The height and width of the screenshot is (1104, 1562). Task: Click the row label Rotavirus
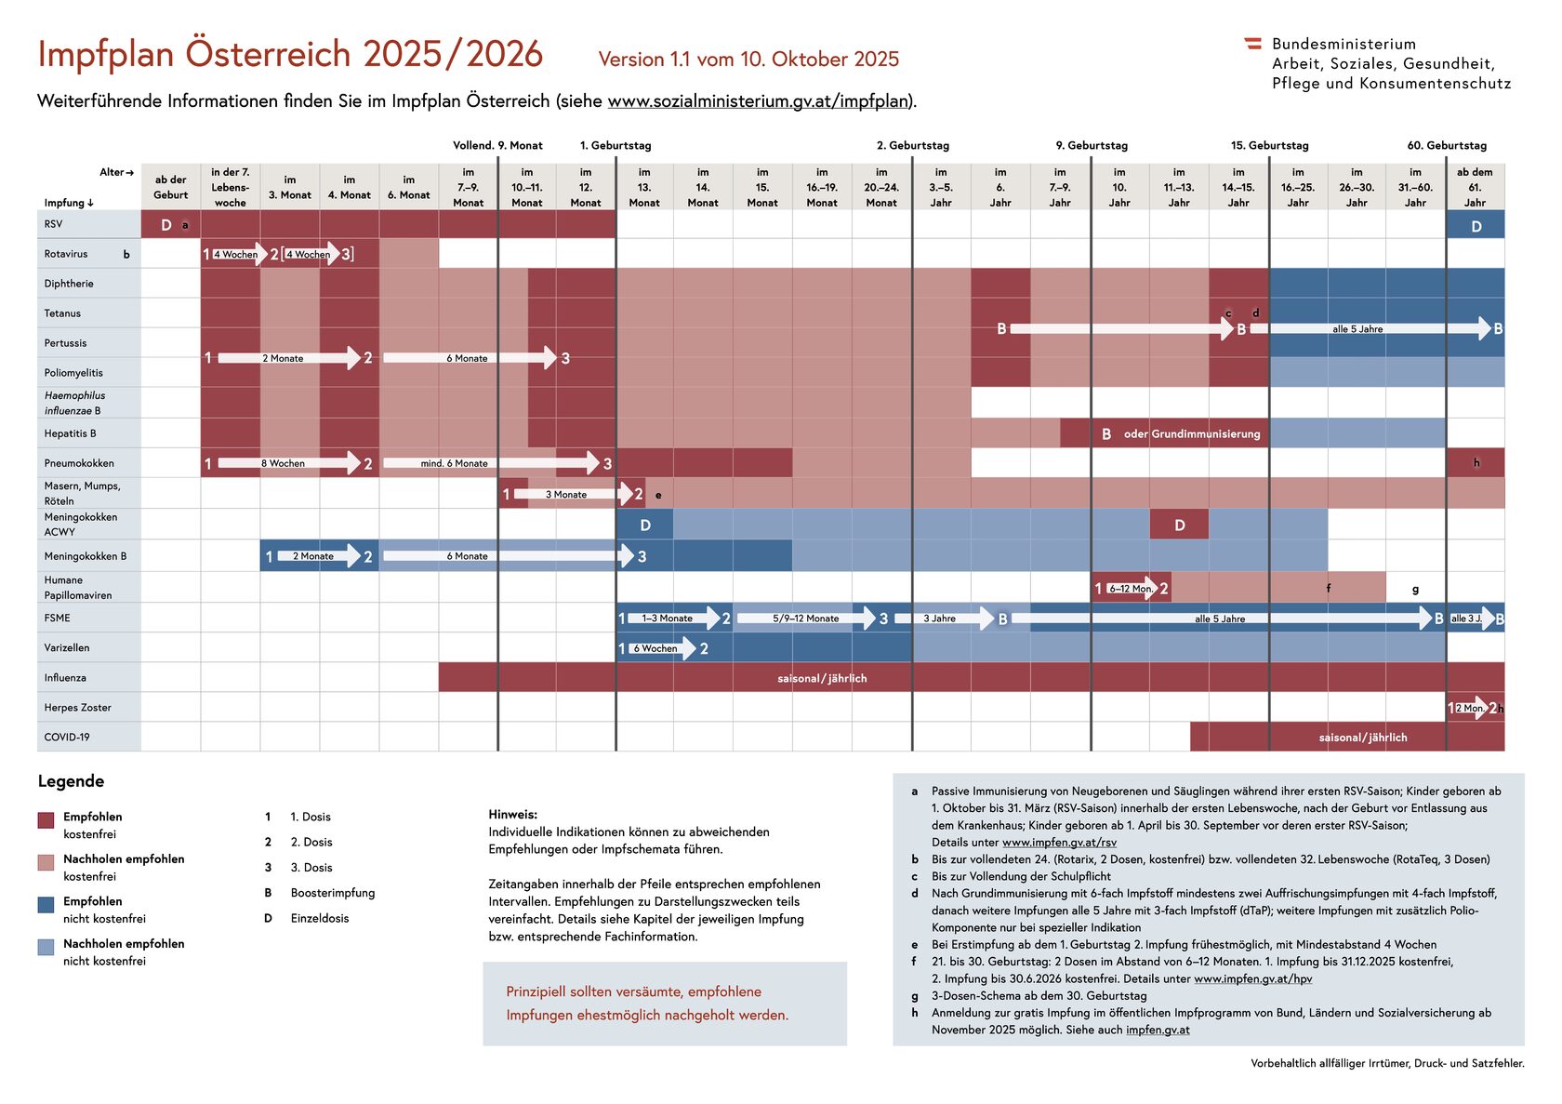point(66,254)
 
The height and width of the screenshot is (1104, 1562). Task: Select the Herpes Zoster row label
point(77,708)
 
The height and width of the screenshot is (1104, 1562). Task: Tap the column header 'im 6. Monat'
point(409,187)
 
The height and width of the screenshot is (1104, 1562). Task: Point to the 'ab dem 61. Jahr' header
point(1475,187)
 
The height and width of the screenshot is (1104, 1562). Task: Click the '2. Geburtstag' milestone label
point(912,145)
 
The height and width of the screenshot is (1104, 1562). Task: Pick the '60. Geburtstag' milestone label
point(1446,145)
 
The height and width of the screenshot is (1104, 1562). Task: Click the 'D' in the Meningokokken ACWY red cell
point(1179,525)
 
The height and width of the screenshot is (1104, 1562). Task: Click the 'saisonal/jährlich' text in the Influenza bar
point(822,678)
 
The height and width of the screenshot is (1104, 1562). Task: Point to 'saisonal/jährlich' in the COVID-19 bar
point(1362,738)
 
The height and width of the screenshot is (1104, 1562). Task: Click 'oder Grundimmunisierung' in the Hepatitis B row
point(1191,434)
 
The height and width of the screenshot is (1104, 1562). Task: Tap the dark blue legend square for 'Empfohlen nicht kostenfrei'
point(46,905)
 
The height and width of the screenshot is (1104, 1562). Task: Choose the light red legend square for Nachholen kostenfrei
point(46,862)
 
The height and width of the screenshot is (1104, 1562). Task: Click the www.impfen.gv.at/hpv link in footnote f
point(1252,978)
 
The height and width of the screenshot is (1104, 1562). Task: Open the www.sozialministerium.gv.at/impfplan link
point(758,101)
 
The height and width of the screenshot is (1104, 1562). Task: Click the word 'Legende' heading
point(71,781)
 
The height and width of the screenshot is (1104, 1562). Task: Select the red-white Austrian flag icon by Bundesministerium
point(1252,43)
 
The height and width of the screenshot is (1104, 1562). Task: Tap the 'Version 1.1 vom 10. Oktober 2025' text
point(748,60)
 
